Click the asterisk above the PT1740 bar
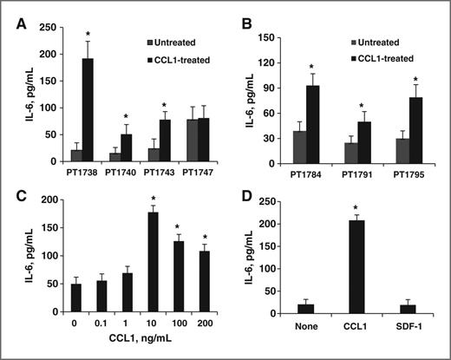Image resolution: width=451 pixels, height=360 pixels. pyautogui.click(x=127, y=117)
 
